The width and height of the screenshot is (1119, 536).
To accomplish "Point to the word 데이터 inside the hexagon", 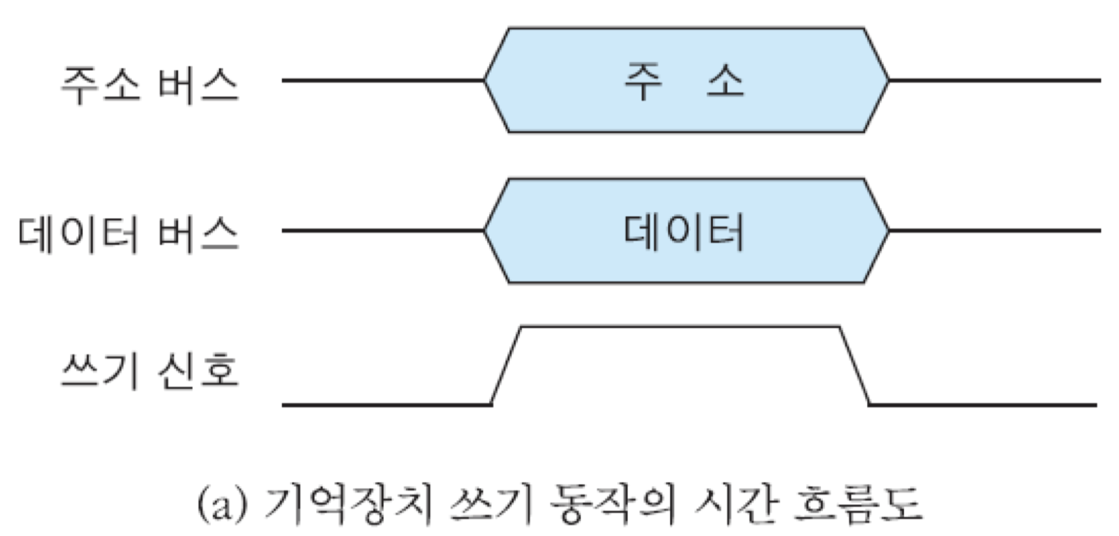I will point(684,233).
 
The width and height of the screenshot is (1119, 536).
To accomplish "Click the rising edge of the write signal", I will point(506,366).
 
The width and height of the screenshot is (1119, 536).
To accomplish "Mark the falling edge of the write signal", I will point(854,366).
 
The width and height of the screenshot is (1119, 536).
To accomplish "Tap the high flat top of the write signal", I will point(679,328).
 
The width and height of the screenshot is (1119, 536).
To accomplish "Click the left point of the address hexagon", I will point(485,80).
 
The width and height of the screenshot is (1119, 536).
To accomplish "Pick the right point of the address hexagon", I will point(888,80).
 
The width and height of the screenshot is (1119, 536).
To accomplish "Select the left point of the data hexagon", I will point(485,230).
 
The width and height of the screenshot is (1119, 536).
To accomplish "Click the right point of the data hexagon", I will point(888,230).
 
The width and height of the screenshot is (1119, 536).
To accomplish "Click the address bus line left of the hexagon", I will point(382,80).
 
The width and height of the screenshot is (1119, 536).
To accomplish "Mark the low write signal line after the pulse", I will point(983,405).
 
